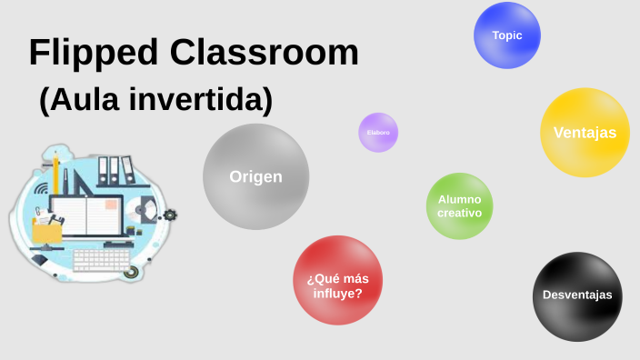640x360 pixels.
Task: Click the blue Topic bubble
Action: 507,35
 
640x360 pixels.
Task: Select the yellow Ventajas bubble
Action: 585,133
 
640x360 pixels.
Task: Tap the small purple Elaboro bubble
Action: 378,133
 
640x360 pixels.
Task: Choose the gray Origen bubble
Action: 255,177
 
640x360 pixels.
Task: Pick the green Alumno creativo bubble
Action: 459,205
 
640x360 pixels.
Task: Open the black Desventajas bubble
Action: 577,295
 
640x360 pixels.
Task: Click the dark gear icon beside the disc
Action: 170,215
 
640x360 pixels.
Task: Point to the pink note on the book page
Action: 110,205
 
